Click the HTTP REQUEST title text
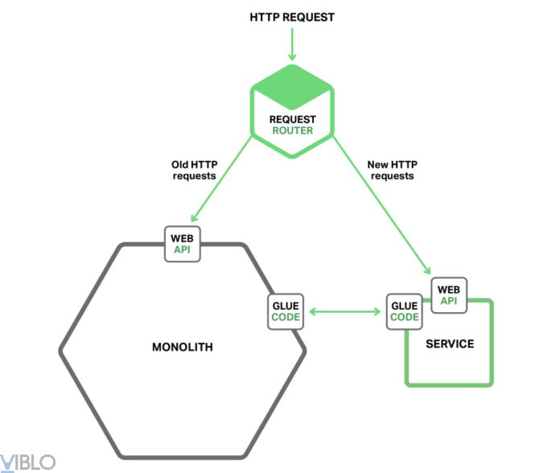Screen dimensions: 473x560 [x=292, y=17]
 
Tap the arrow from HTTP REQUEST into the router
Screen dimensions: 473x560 [x=292, y=46]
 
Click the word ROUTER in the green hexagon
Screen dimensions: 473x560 [x=292, y=130]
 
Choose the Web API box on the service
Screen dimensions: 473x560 [x=448, y=295]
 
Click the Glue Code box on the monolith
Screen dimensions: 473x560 [x=286, y=311]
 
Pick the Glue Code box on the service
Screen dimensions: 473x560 [x=404, y=311]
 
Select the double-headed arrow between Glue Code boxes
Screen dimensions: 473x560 [x=344, y=311]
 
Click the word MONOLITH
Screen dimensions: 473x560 [x=183, y=348]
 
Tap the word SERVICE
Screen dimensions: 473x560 [x=451, y=344]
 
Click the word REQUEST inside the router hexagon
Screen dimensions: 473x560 [x=292, y=119]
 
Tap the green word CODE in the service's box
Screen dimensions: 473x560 [x=404, y=318]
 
